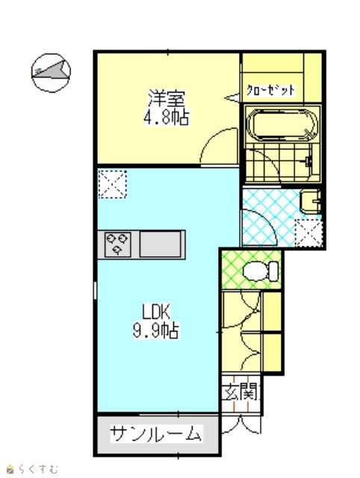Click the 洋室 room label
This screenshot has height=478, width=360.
point(167,98)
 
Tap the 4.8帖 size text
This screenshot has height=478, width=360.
point(167,117)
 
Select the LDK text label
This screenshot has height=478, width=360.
point(156,312)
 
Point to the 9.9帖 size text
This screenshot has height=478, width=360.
point(156,330)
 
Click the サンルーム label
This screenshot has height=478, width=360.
point(156,433)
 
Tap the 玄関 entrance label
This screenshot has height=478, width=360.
point(240,392)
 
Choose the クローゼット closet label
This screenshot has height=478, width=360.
point(270,90)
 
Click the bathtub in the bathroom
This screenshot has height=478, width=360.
point(282,125)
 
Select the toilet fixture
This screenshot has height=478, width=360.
point(261,271)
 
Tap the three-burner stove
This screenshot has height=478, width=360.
point(118,244)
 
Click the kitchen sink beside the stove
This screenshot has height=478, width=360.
point(161,244)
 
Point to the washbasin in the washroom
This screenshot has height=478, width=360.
point(310,202)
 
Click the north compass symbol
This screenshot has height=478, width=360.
point(51,73)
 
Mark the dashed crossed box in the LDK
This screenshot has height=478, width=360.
point(112,184)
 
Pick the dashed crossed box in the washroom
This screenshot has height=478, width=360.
point(308,233)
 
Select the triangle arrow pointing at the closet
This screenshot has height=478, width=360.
point(232,98)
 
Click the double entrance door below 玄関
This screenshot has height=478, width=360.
point(241,423)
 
